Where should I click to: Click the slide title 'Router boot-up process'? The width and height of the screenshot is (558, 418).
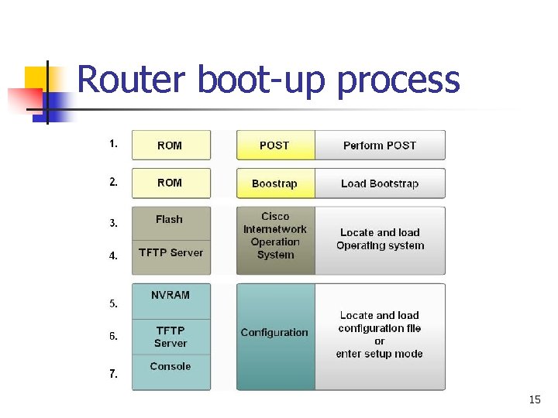pyautogui.click(x=268, y=80)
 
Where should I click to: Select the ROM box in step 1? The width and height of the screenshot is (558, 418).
pyautogui.click(x=170, y=146)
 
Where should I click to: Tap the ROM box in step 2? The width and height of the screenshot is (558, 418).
pyautogui.click(x=170, y=183)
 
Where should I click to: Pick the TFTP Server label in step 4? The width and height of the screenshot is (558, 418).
pyautogui.click(x=170, y=253)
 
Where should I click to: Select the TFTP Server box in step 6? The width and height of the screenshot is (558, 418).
pyautogui.click(x=170, y=337)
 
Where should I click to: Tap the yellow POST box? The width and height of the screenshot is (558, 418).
pyautogui.click(x=275, y=146)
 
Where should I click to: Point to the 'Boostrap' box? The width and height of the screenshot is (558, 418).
pyautogui.click(x=275, y=184)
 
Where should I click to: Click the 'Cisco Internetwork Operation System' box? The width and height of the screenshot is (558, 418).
pyautogui.click(x=275, y=236)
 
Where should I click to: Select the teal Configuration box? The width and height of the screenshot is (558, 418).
pyautogui.click(x=275, y=333)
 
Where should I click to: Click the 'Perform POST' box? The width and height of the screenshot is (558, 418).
pyautogui.click(x=380, y=146)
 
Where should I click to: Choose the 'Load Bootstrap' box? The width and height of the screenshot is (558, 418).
pyautogui.click(x=380, y=184)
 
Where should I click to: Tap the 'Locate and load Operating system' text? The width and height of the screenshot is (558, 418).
pyautogui.click(x=380, y=239)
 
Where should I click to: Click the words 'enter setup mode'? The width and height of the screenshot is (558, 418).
pyautogui.click(x=380, y=354)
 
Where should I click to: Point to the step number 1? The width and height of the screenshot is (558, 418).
pyautogui.click(x=114, y=144)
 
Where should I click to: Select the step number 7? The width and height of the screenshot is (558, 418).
pyautogui.click(x=114, y=374)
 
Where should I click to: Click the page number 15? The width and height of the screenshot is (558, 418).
pyautogui.click(x=535, y=400)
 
